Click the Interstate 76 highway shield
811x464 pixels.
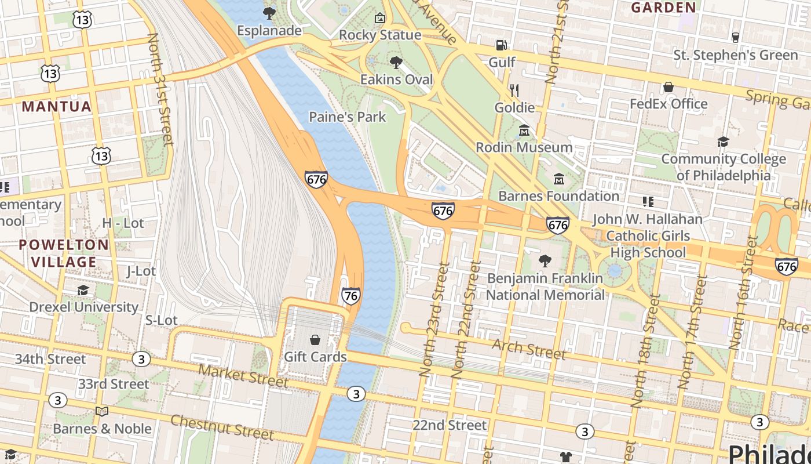coord(350,295)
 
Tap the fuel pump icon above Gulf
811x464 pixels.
coord(501,45)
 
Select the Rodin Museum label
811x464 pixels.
coord(524,147)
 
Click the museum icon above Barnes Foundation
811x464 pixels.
coord(559,179)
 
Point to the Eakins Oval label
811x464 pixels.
coord(396,79)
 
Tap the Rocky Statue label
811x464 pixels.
coord(380,35)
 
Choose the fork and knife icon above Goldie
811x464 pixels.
coord(514,90)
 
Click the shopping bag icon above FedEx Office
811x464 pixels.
coord(668,87)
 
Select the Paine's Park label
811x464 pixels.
coord(347,117)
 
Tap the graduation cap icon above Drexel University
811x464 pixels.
coord(83,290)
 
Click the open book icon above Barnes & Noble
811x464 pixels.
coord(102,411)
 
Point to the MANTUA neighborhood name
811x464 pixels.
coord(57,107)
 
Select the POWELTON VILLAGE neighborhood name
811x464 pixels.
coord(64,253)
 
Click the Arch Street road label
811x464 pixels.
coord(529,349)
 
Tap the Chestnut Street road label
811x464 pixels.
coord(222,427)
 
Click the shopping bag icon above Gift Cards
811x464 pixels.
coord(315,340)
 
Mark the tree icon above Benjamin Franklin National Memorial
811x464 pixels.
coord(545,261)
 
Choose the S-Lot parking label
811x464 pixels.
coord(161,320)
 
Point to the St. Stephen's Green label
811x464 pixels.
coord(735,55)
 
